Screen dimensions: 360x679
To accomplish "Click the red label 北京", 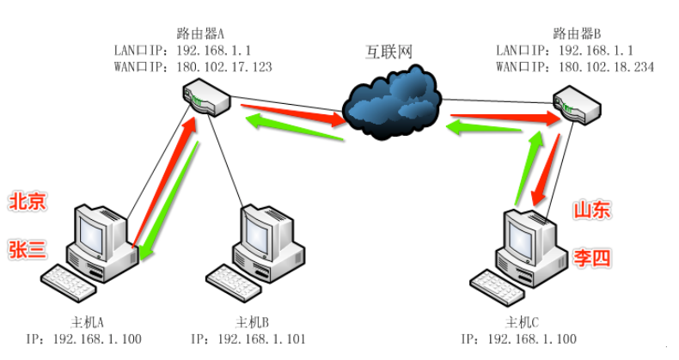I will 28,202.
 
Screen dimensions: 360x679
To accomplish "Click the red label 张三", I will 28,249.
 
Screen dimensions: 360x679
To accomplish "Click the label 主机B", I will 253,323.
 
